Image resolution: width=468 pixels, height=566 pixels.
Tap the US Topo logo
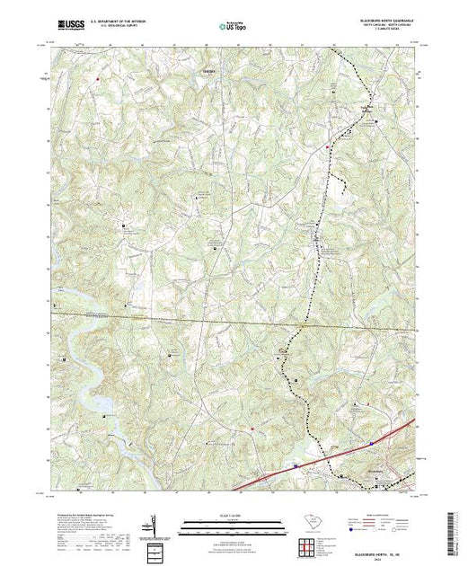pyautogui.click(x=234, y=27)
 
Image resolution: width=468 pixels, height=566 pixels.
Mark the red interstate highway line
pyautogui.click(x=269, y=476)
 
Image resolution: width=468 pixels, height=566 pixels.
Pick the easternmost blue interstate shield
pyautogui.click(x=372, y=442)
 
